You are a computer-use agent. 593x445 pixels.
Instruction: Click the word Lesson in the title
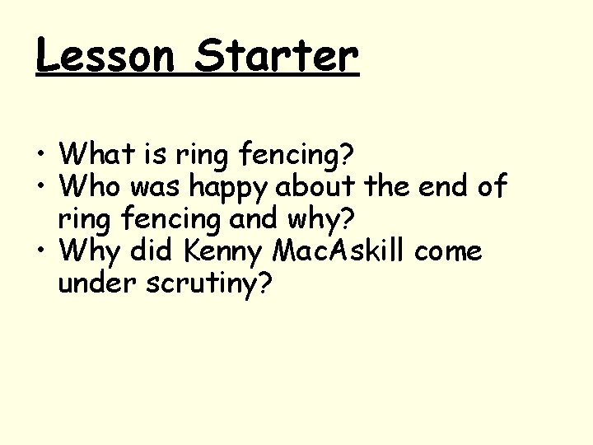tap(105, 55)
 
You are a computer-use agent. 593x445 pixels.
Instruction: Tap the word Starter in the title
tap(277, 55)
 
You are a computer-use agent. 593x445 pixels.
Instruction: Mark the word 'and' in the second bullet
tap(248, 219)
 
